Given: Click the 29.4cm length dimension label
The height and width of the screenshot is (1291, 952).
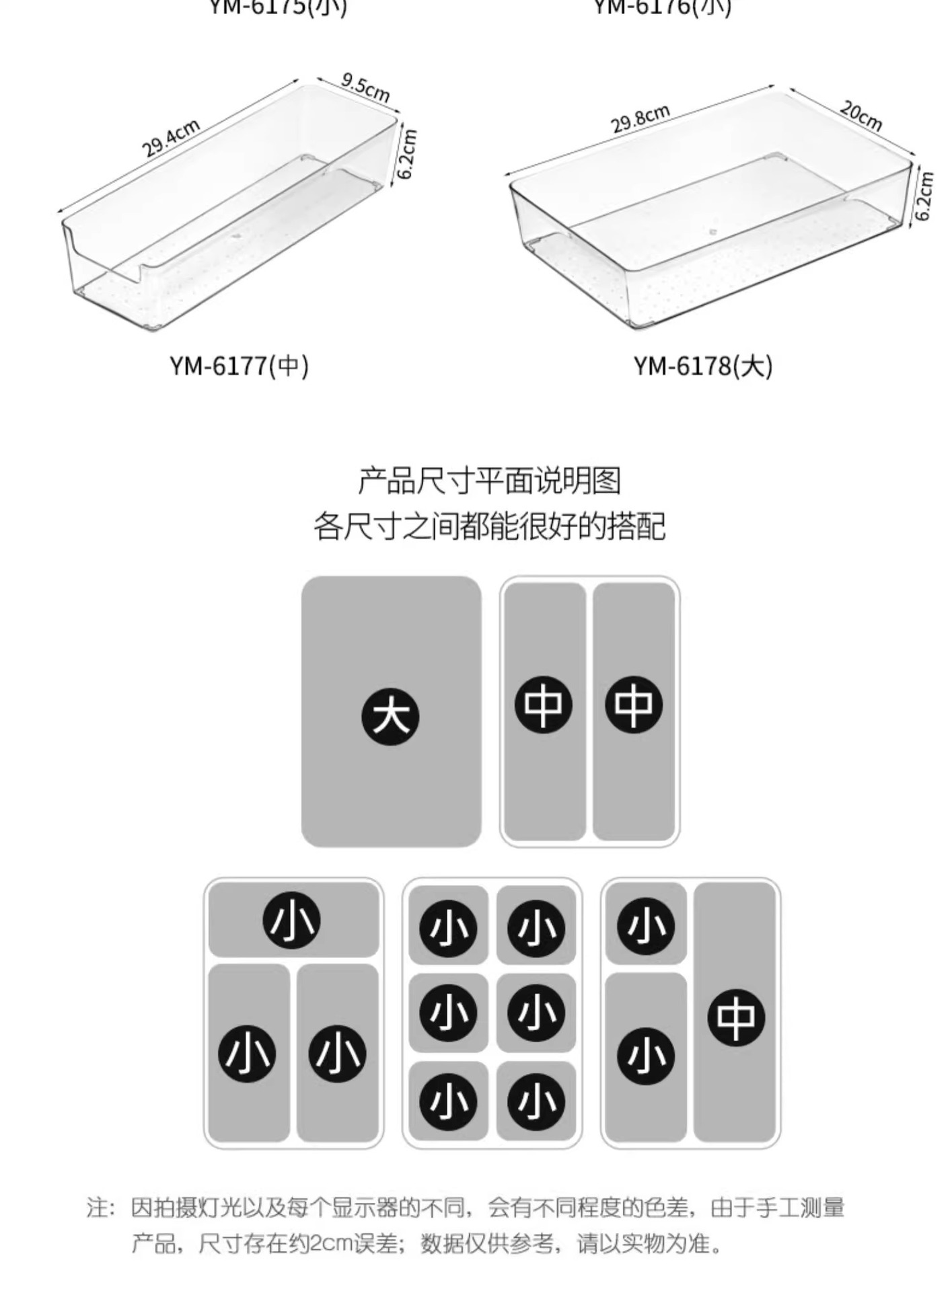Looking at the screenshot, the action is click(171, 137).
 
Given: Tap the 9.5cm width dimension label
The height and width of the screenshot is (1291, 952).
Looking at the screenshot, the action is click(365, 87).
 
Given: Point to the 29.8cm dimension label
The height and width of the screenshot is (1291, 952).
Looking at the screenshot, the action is click(640, 119).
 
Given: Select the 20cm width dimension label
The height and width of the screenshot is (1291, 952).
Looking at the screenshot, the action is click(861, 115).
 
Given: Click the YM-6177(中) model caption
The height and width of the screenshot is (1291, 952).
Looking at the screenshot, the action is click(239, 366).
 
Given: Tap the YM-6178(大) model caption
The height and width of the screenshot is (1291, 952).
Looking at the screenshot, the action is click(702, 366).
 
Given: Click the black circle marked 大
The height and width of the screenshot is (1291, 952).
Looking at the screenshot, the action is click(390, 717).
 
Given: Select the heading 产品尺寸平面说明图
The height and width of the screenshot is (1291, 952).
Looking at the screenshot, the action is click(489, 481).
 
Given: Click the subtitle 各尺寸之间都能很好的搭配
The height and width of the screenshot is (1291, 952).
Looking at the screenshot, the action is click(489, 526).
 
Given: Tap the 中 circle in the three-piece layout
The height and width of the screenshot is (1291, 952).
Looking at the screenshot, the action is click(735, 1017).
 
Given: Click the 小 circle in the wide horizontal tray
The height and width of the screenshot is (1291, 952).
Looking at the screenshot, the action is click(291, 920).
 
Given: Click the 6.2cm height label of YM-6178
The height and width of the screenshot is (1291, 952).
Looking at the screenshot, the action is click(924, 195).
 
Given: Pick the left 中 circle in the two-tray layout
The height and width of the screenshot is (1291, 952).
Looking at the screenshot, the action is click(543, 705).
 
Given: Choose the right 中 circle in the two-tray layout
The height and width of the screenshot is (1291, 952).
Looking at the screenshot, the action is click(633, 705).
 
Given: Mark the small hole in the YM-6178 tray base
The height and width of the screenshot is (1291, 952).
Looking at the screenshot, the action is click(714, 233).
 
